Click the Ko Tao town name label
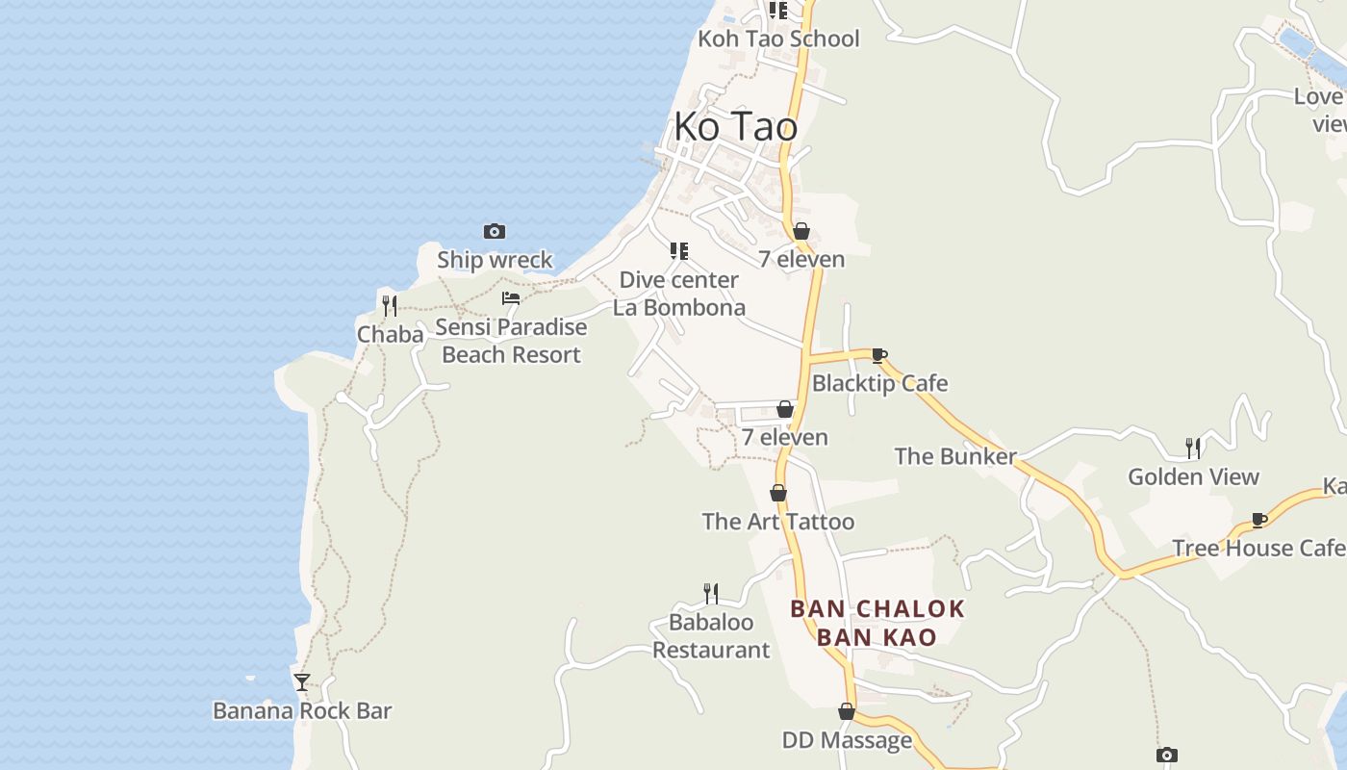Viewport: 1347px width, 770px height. click(x=735, y=126)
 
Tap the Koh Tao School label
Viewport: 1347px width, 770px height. click(x=778, y=39)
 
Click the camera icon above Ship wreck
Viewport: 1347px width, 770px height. click(x=495, y=231)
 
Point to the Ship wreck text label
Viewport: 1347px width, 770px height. click(x=495, y=260)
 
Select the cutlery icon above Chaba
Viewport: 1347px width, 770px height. click(x=390, y=306)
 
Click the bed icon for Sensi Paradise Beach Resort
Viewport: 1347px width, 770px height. click(x=511, y=298)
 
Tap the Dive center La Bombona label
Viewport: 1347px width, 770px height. click(x=679, y=294)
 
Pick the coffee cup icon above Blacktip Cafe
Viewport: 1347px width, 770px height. click(x=878, y=355)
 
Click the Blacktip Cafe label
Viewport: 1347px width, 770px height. click(x=879, y=383)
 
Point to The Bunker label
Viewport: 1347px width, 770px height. click(x=955, y=456)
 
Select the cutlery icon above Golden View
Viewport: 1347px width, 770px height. click(x=1193, y=448)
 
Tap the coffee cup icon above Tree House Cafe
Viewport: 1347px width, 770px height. click(x=1258, y=520)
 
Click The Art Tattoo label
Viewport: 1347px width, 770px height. click(x=777, y=522)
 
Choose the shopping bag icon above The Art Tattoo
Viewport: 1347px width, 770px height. click(x=778, y=493)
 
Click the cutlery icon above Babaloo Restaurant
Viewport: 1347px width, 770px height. click(x=711, y=593)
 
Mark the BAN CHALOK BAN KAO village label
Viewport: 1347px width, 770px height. click(x=877, y=623)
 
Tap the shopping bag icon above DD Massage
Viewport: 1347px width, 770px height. click(x=847, y=711)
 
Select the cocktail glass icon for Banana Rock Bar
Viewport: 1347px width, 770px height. click(x=302, y=681)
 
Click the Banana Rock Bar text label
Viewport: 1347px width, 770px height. click(x=302, y=711)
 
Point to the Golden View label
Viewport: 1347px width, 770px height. click(x=1193, y=476)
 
